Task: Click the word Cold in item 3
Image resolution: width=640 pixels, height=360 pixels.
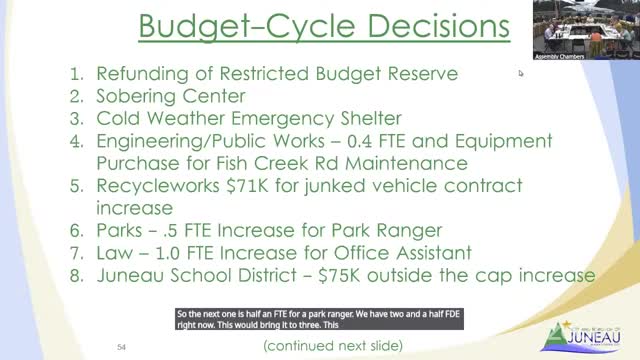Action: pyautogui.click(x=120, y=119)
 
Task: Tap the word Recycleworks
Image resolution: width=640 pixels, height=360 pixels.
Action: pyautogui.click(x=160, y=186)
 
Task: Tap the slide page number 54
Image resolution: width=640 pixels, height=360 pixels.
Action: pyautogui.click(x=120, y=345)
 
